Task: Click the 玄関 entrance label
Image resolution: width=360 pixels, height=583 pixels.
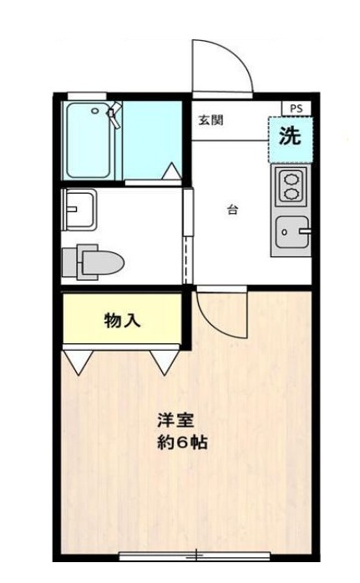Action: (210, 119)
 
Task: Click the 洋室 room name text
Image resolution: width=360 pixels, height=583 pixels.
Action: (175, 421)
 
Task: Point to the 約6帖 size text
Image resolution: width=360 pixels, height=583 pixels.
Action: (181, 442)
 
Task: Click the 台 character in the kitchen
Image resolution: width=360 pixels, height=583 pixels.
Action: (232, 210)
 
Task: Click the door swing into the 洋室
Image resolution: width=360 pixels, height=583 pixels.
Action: (221, 312)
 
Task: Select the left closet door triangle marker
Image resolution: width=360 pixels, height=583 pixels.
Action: (76, 361)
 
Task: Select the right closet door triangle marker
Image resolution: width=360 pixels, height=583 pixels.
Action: (164, 361)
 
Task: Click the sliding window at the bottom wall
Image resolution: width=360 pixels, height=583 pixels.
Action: (197, 555)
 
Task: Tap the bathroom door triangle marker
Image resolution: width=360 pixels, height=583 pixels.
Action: (171, 171)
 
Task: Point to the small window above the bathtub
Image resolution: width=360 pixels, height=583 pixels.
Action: (80, 95)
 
